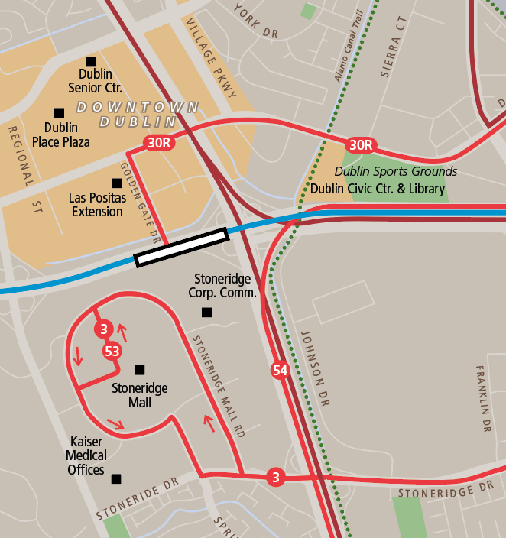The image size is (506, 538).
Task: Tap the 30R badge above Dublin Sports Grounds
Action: pyautogui.click(x=361, y=144)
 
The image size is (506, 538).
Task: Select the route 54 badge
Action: pyautogui.click(x=280, y=371)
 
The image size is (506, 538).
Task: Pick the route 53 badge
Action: pyautogui.click(x=112, y=351)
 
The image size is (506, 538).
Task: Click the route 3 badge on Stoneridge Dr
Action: pyautogui.click(x=276, y=478)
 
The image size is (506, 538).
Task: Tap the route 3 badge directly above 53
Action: pyautogui.click(x=103, y=329)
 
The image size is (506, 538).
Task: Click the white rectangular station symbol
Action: pyautogui.click(x=182, y=247)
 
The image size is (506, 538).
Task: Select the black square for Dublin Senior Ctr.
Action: pyautogui.click(x=91, y=61)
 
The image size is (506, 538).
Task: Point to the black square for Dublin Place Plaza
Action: pyautogui.click(x=60, y=112)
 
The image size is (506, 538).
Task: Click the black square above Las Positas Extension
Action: pyautogui.click(x=117, y=183)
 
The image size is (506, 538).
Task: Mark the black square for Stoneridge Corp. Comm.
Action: pyautogui.click(x=206, y=312)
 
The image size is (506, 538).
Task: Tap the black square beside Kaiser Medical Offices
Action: pyautogui.click(x=116, y=479)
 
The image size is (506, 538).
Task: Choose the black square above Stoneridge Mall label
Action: pyautogui.click(x=139, y=370)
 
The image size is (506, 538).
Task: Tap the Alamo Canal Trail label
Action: pyautogui.click(x=348, y=46)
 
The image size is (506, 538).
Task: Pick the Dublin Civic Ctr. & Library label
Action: pyautogui.click(x=378, y=189)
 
